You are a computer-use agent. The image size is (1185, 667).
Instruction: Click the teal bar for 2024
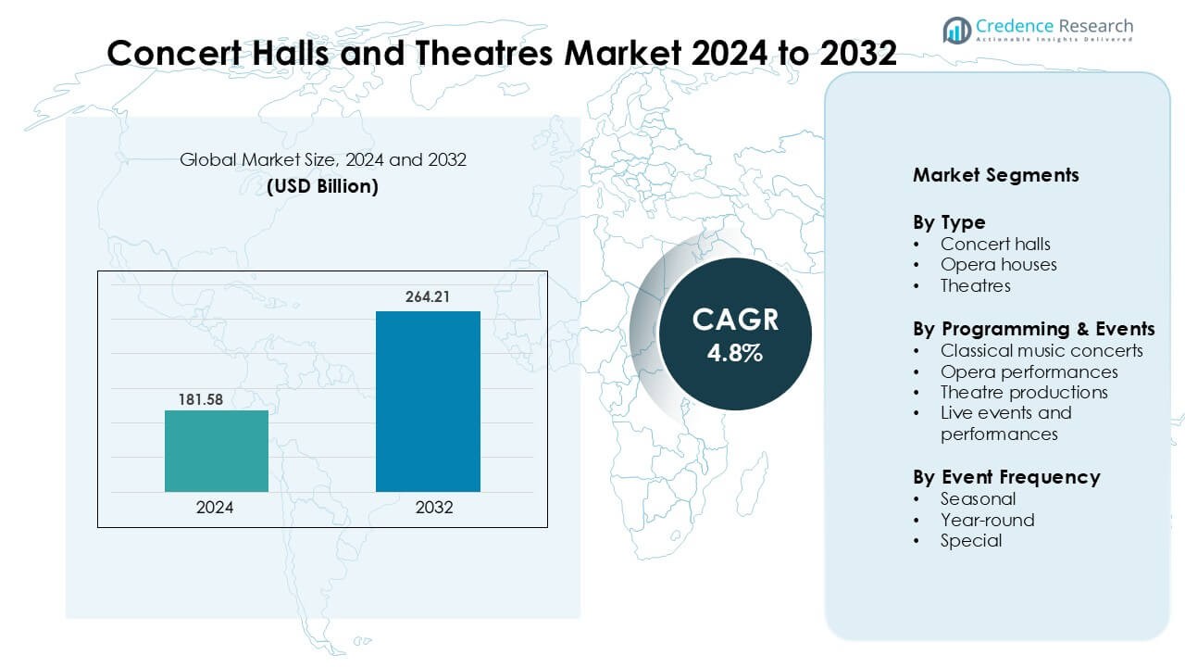[x=217, y=451]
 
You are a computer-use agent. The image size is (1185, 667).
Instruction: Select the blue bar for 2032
[x=428, y=401]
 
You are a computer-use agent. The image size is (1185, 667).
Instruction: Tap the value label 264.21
[x=427, y=298]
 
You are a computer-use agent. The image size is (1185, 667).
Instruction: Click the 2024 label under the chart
[x=215, y=508]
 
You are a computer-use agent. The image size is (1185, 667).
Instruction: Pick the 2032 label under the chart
[x=434, y=508]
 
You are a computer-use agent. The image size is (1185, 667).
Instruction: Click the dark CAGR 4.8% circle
[x=735, y=334]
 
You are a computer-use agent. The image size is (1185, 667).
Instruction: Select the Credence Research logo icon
[x=956, y=31]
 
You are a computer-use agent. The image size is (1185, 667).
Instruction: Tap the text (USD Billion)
[x=322, y=186]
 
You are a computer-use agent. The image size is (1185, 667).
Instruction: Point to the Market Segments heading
[x=995, y=175]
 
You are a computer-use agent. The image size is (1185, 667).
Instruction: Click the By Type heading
[x=949, y=222]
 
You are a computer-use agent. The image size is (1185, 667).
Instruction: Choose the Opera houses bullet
[x=998, y=265]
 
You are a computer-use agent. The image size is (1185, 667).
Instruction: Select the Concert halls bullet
[x=995, y=244]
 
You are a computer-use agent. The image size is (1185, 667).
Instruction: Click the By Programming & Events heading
[x=1033, y=329]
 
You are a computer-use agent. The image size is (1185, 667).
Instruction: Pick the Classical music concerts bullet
[x=1042, y=350]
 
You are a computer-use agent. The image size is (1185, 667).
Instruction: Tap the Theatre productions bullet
[x=1024, y=392]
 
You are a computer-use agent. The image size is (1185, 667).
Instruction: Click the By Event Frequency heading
[x=1006, y=477]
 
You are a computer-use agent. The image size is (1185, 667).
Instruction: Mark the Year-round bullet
[x=987, y=520]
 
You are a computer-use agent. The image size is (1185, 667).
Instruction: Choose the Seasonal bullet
[x=978, y=498]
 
